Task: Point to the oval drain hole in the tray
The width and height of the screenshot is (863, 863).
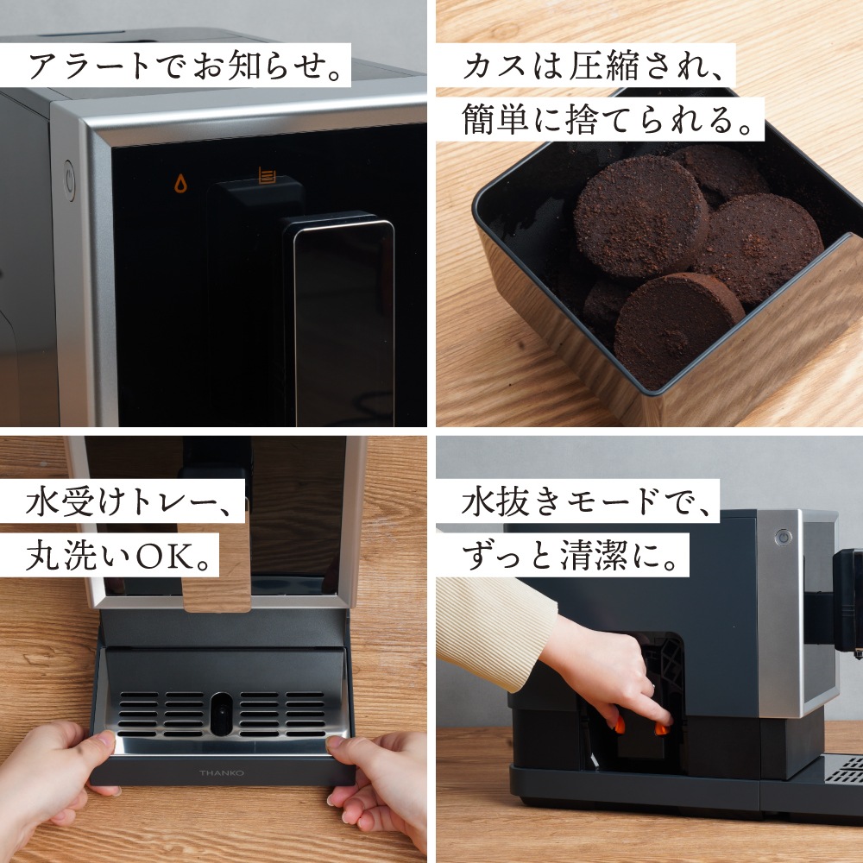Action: tap(222, 712)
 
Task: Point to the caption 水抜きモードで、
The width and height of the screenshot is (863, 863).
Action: tap(577, 501)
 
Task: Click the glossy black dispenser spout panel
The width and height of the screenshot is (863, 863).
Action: tap(343, 319)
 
